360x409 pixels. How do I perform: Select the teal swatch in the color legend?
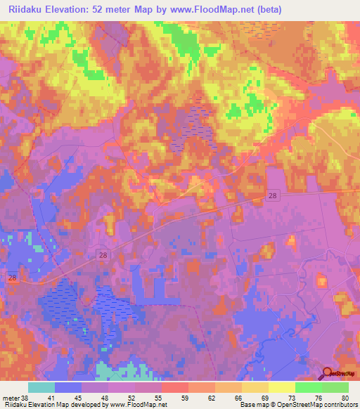point(41,387)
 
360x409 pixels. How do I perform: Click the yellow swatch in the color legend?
point(281,387)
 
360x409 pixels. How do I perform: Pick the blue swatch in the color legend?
point(68,387)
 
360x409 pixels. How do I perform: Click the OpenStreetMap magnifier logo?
point(328,374)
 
